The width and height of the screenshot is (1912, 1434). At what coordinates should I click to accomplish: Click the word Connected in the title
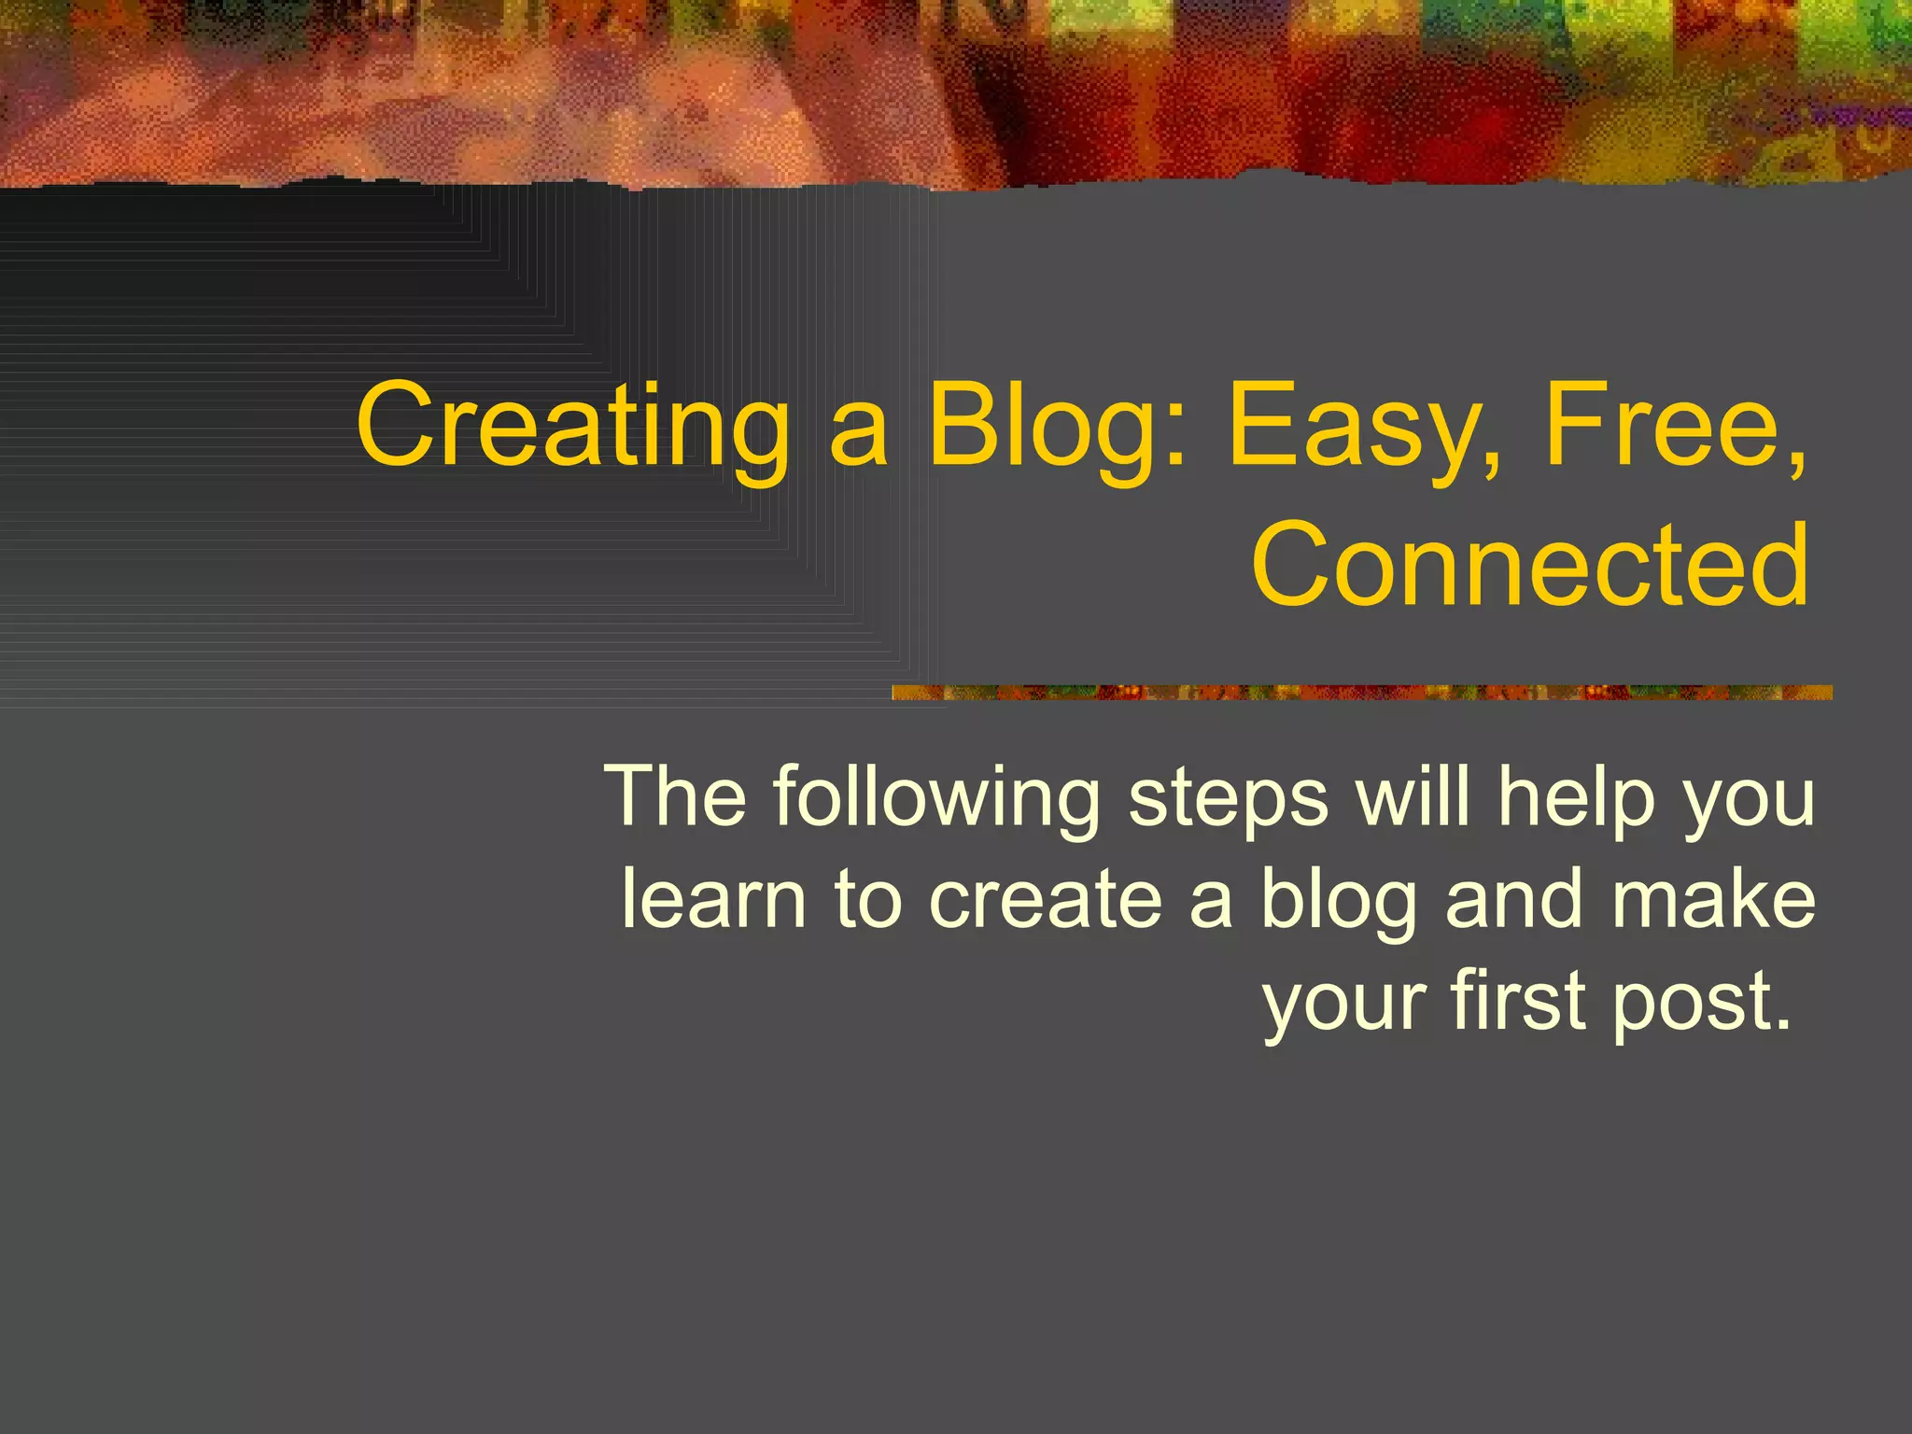click(1530, 565)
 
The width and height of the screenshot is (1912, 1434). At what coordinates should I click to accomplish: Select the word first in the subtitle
click(1517, 1000)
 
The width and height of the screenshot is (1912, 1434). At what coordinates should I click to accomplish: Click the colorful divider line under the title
click(1361, 693)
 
